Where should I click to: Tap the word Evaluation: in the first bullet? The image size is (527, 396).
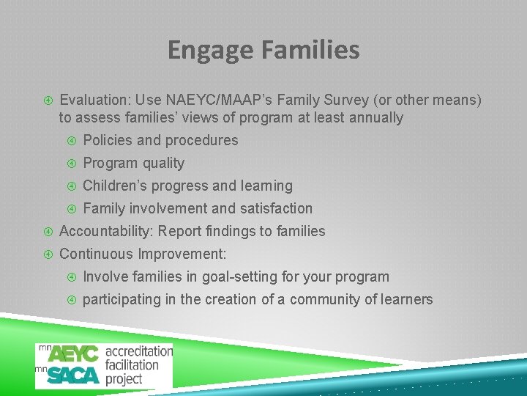94,100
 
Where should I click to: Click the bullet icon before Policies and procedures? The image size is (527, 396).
71,140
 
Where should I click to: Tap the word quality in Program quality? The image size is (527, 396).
163,163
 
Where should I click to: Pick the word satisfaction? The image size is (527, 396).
274,208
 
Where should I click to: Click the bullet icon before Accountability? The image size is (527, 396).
48,231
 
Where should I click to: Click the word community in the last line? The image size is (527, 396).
326,299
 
